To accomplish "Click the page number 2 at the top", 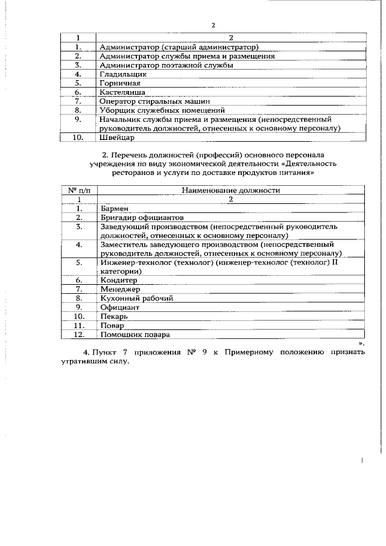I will [214, 25].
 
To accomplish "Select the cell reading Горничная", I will [121, 83].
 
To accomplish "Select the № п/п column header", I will [78, 190].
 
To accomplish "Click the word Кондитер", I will [119, 280].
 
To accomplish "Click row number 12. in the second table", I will [79, 334].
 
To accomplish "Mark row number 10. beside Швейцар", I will [79, 138].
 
